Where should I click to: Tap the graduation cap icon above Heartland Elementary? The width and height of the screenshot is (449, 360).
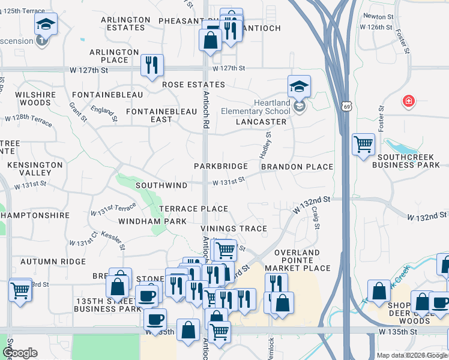299,86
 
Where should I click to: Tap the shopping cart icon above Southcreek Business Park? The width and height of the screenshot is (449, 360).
363,144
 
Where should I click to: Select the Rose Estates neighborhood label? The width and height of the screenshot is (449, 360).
193,85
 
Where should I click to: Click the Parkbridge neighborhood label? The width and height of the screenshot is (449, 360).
220,166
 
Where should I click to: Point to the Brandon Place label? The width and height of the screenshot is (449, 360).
297,166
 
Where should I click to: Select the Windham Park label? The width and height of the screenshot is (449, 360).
152,221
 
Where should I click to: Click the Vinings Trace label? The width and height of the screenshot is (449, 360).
234,229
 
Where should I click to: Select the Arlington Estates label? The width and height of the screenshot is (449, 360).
125,23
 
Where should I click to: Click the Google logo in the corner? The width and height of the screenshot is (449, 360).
20,353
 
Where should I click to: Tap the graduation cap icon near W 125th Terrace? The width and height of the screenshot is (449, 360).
46,24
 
